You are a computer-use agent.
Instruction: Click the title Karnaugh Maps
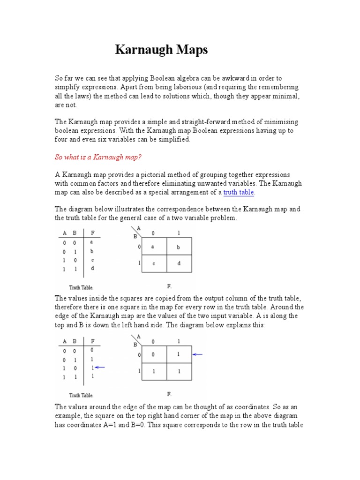(x=161, y=50)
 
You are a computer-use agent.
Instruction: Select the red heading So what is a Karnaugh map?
(x=98, y=157)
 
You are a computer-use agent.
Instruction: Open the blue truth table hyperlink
(x=239, y=192)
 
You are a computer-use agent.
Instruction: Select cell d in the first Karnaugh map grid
(x=179, y=263)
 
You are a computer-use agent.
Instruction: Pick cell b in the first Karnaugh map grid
(x=179, y=246)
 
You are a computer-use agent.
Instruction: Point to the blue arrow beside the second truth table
(x=100, y=368)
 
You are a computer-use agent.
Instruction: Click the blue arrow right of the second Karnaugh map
(x=197, y=354)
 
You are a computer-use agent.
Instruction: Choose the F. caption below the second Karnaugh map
(x=169, y=394)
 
